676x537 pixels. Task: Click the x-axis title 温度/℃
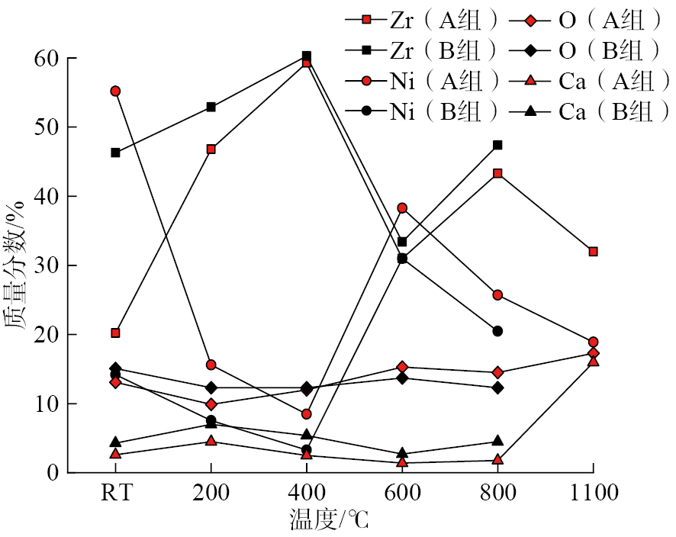329,520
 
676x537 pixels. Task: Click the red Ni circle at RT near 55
115,91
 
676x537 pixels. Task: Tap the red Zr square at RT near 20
115,333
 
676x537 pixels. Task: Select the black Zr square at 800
497,145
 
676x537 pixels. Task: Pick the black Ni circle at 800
497,331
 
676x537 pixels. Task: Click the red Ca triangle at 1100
593,362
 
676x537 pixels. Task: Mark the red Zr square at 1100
593,252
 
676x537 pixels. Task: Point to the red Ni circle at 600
402,208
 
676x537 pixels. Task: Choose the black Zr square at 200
211,107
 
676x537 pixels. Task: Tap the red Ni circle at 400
306,414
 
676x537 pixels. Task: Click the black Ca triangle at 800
497,441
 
